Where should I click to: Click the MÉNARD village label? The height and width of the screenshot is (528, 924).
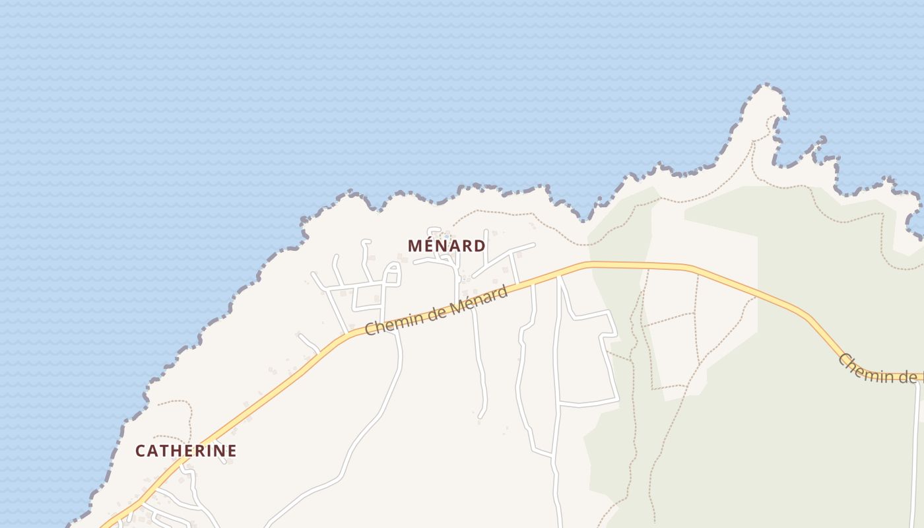[447, 246]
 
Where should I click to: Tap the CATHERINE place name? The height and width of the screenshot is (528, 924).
[185, 451]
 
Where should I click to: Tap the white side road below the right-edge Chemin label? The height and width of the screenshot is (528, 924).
[917, 449]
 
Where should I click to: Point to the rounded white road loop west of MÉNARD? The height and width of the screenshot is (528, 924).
[392, 273]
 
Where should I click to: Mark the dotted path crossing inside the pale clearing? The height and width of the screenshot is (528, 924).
[696, 313]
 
